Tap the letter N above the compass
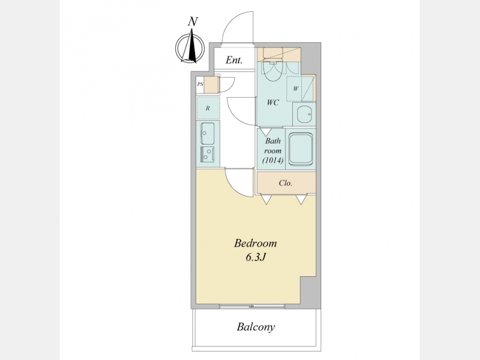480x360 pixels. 193,21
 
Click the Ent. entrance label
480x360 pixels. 234,60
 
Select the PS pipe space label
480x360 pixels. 200,84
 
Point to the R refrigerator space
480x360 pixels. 208,108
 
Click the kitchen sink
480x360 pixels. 207,133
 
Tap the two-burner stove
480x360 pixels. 207,154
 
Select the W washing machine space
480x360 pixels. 295,89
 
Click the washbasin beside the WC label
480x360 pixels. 304,114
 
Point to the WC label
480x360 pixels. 273,102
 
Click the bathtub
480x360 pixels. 300,149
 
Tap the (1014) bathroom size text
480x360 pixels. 273,160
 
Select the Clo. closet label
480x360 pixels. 285,183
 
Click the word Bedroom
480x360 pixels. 255,243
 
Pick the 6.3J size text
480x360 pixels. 255,258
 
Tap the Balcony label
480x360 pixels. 256,326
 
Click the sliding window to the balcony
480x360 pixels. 252,306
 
